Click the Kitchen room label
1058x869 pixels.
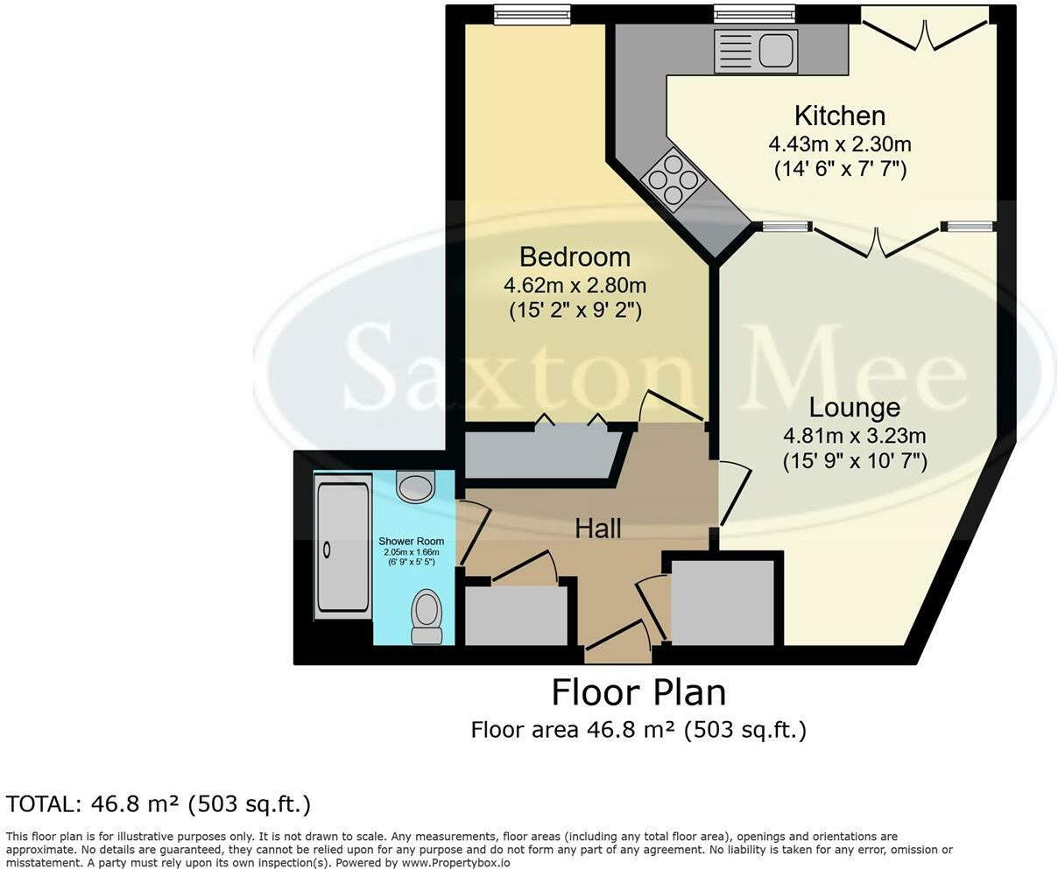[840, 116]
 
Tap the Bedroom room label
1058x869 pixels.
[575, 257]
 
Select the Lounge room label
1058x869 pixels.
[854, 408]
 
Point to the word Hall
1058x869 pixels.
[598, 529]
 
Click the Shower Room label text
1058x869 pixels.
[411, 541]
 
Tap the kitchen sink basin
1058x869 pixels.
[776, 51]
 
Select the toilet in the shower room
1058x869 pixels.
[427, 616]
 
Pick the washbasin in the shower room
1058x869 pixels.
[414, 485]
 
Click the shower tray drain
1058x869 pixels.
[327, 550]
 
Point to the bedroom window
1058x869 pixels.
[533, 15]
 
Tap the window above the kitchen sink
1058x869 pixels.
[754, 14]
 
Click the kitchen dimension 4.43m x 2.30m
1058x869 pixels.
[840, 145]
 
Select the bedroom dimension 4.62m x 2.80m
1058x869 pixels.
[575, 286]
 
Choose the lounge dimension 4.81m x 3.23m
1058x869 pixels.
[854, 436]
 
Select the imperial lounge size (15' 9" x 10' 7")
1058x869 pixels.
[854, 461]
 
